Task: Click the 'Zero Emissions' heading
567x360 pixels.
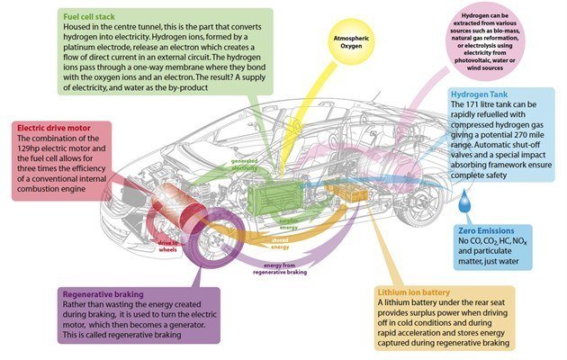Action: click(485, 230)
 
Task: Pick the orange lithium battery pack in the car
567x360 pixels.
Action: click(346, 193)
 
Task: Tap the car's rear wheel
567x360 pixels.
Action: click(420, 200)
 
